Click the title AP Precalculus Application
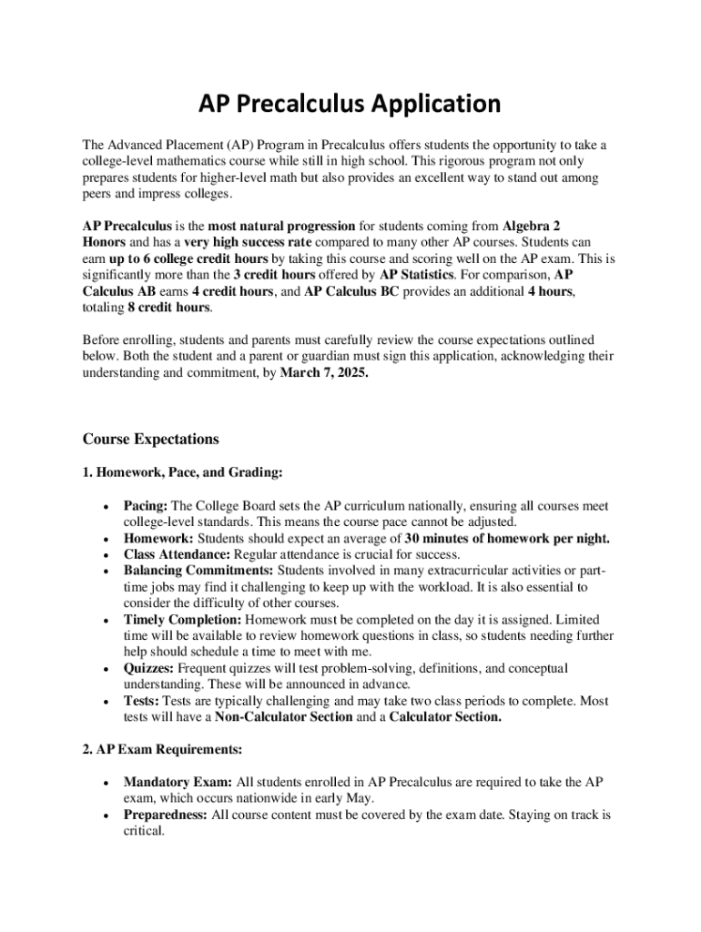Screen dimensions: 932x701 tap(350, 104)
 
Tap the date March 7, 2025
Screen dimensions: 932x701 tap(324, 372)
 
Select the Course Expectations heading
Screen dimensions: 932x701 tap(151, 440)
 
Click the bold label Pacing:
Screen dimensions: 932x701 tap(146, 506)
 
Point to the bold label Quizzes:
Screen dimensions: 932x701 tap(149, 669)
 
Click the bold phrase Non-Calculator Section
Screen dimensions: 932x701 tap(283, 718)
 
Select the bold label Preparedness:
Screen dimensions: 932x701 tap(166, 815)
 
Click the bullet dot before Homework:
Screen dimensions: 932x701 tap(107, 539)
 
